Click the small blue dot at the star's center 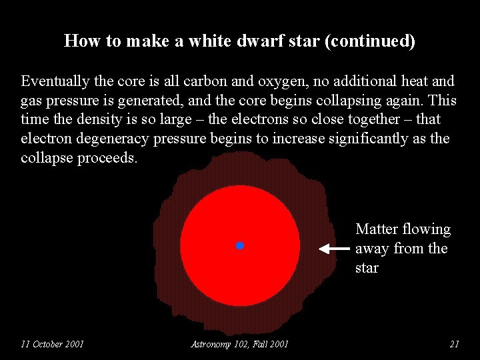click(x=240, y=246)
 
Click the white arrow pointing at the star click(x=333, y=249)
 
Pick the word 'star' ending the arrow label click(x=367, y=268)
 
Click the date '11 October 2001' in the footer click(x=52, y=344)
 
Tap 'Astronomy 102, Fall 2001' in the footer click(x=239, y=344)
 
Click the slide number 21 click(x=455, y=344)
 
